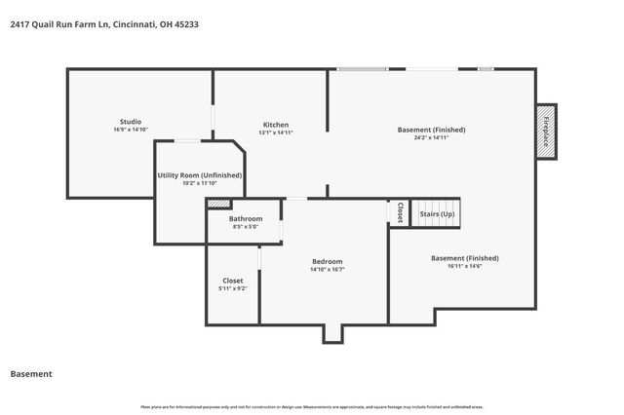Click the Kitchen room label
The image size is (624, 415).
point(275,124)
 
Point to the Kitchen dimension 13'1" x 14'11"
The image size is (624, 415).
point(275,132)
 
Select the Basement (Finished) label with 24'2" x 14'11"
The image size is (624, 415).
point(431,129)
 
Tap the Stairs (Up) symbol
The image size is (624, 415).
point(436,213)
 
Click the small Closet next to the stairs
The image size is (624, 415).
point(399,212)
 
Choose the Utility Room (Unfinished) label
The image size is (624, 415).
point(199,174)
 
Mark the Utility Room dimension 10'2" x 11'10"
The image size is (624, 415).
point(199,183)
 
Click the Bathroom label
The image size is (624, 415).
point(246,219)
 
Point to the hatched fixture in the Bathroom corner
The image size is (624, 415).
point(218,204)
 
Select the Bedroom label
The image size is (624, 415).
point(327,261)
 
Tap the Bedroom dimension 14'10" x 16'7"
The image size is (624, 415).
point(327,270)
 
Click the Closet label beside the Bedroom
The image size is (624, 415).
point(233,281)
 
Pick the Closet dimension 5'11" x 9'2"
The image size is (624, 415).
point(233,289)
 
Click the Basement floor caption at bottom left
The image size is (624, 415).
point(30,374)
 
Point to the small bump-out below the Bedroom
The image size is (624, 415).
point(333,333)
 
